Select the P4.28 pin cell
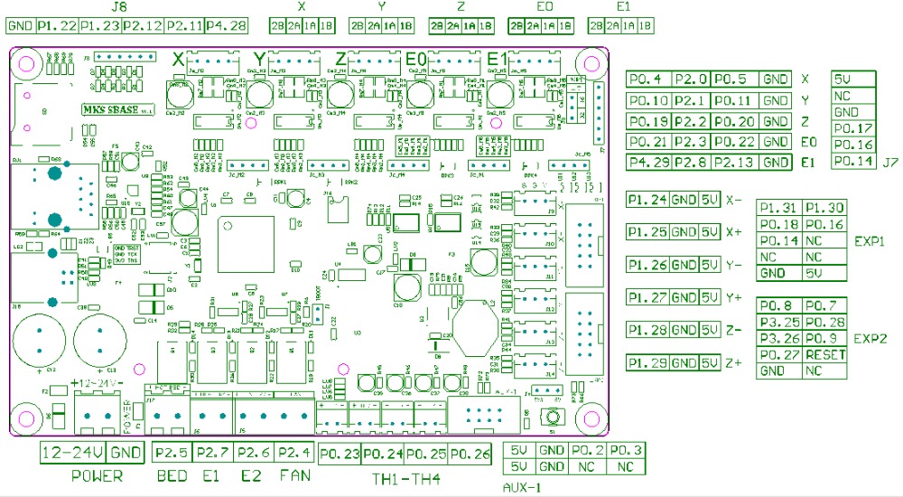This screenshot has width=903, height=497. point(226,25)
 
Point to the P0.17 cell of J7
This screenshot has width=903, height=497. point(852,128)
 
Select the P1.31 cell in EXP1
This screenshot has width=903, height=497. point(778,208)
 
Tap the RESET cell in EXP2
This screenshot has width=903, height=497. point(824,354)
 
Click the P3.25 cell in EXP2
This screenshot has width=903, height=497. point(778,322)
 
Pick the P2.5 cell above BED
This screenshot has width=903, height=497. point(172,453)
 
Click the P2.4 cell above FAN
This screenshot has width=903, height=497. point(294,453)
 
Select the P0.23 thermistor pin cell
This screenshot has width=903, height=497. point(340,453)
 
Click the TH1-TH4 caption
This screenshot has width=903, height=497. point(402,477)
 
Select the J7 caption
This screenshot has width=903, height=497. point(890,163)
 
